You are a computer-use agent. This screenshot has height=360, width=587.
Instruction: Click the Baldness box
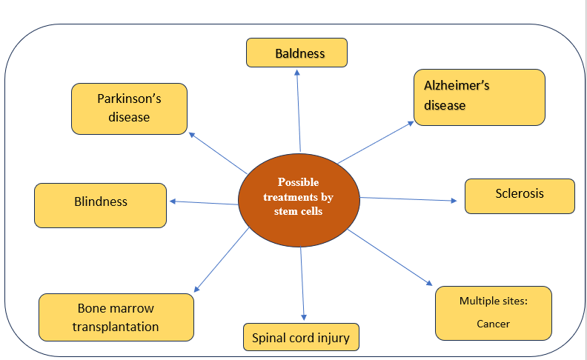[x=296, y=53]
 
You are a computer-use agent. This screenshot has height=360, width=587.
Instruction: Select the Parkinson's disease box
[x=129, y=108]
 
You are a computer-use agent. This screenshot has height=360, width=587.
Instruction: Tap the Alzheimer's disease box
[x=479, y=96]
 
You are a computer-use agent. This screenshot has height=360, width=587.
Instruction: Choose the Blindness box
[x=100, y=204]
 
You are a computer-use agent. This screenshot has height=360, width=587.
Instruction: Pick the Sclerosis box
[x=520, y=196]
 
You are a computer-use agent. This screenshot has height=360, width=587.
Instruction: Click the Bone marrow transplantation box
[x=116, y=317]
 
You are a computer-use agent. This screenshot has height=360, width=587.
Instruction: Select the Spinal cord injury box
[x=301, y=337]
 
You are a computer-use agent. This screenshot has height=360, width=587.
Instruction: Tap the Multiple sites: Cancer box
[x=493, y=312]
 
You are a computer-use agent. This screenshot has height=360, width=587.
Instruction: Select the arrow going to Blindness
[x=203, y=202]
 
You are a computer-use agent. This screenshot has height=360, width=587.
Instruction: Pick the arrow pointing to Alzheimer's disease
[x=375, y=141]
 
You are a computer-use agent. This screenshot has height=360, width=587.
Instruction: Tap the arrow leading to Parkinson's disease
[x=218, y=153]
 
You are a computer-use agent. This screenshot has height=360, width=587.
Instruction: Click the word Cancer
[x=493, y=324]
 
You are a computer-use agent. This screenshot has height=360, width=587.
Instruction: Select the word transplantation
[x=116, y=327]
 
